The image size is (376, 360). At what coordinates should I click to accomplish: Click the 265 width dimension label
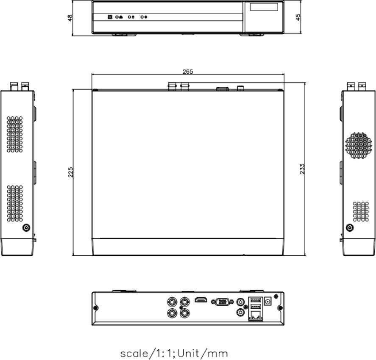pos(188,72)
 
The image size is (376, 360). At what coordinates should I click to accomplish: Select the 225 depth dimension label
pos(70,172)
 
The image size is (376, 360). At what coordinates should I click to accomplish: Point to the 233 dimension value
pos(302,169)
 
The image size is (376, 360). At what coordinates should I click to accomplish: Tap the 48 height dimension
pos(70,18)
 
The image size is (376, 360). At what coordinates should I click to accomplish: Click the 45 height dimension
pos(298,17)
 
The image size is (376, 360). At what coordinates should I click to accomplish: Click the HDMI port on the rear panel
pos(201,299)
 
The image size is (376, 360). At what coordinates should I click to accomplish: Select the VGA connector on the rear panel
pos(222,302)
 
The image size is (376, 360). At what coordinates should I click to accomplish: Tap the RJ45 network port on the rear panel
pos(256,315)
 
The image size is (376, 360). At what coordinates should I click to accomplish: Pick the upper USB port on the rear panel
pos(255,300)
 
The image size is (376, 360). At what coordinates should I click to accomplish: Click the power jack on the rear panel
pos(267,301)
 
